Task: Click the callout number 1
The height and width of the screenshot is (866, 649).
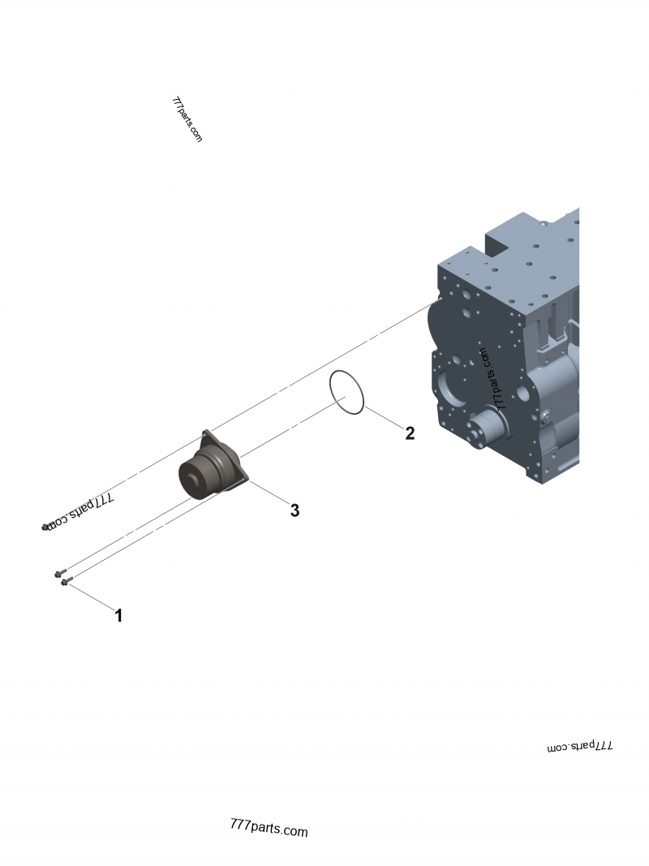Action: click(x=118, y=615)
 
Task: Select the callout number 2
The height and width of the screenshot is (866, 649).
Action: click(x=410, y=433)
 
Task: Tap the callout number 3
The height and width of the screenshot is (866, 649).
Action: click(x=294, y=511)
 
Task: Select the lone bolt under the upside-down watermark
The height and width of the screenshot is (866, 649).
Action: click(x=45, y=528)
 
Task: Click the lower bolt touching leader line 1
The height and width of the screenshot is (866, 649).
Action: click(x=65, y=581)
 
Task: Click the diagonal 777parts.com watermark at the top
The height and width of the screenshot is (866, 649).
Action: click(x=187, y=119)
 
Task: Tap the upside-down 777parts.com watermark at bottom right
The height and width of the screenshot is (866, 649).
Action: click(x=581, y=745)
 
